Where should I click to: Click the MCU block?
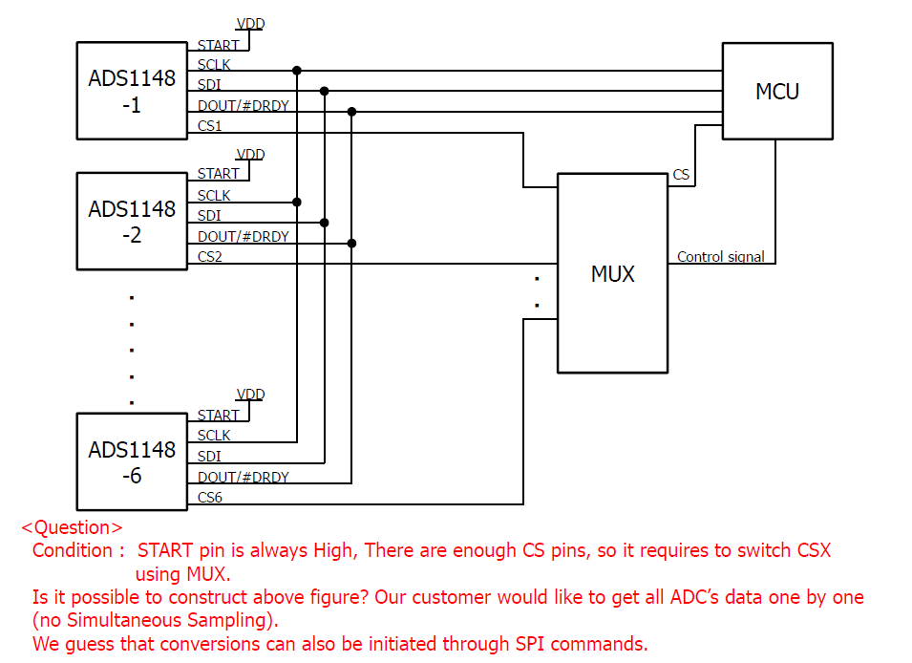coord(776,92)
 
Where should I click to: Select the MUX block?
coord(612,273)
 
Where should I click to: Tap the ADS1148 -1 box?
coord(132,91)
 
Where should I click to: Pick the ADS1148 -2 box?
coord(132,221)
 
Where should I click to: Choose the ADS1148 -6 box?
coord(132,461)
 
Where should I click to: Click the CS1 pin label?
coord(210,126)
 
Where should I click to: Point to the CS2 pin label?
coord(210,256)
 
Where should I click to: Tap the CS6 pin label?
coord(210,497)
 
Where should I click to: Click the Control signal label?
coord(721,256)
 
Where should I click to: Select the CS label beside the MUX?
coord(681,175)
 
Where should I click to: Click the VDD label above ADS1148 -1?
coord(250,24)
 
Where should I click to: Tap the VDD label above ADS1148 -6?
coord(250,395)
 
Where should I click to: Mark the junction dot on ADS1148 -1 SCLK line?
coord(297,70)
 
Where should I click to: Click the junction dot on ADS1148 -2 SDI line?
coord(325,223)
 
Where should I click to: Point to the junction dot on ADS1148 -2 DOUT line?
coord(351,244)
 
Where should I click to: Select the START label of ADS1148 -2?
coord(218,174)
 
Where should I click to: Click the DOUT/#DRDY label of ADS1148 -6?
coord(243,477)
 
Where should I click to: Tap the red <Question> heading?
coord(73,527)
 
